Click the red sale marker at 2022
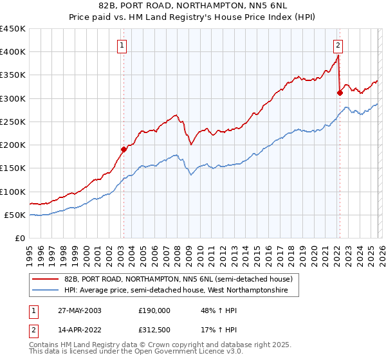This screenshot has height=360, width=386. [x=339, y=93]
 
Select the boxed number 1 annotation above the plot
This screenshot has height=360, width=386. [x=122, y=45]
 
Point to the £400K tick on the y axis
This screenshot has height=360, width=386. [x=13, y=52]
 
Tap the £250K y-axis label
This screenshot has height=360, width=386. [x=13, y=122]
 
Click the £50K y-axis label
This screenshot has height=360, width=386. [x=15, y=215]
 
